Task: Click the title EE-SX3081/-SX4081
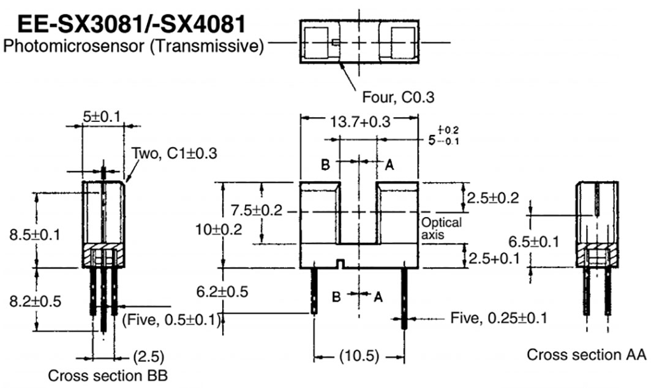132,25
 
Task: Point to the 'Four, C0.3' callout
393,96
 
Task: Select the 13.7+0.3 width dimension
360,122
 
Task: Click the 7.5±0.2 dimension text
256,211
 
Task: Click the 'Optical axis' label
441,228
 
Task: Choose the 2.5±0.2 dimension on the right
492,197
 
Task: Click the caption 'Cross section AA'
586,354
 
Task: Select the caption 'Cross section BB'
108,375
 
